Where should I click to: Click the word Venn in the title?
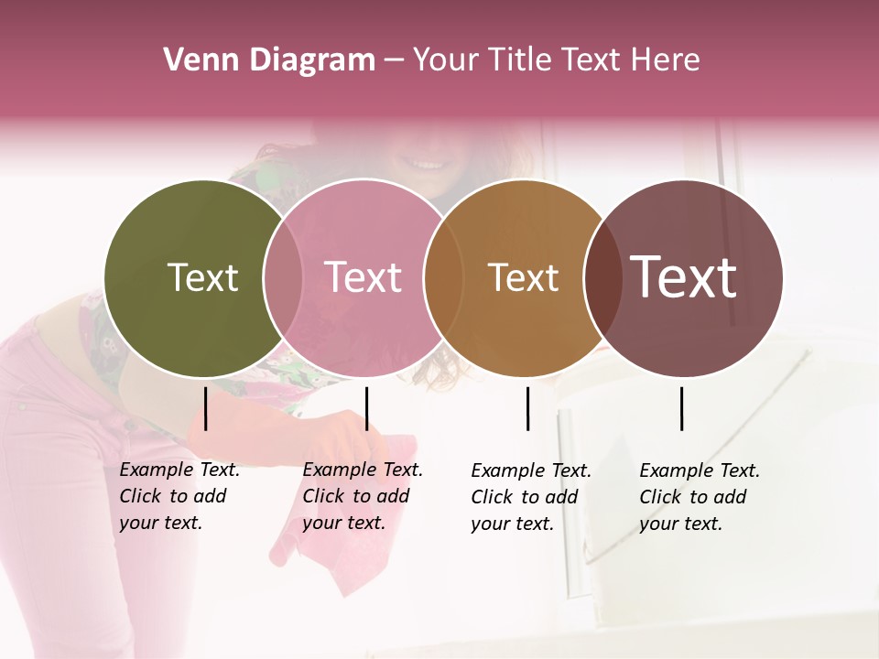coord(196,60)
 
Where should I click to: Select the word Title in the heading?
coord(526,60)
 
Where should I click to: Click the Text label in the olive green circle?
coord(202,277)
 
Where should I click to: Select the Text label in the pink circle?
coord(363,277)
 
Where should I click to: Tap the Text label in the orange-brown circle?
coord(523,277)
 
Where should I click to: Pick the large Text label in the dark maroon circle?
coord(683,277)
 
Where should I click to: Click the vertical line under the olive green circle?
coord(206,408)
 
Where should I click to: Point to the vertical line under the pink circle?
coord(366,408)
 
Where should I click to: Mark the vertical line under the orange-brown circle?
coord(527,408)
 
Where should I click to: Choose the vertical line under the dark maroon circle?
coord(682,408)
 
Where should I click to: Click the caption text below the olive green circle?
coord(179,496)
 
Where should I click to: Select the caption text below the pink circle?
coord(362,496)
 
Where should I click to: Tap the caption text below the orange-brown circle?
coord(530,497)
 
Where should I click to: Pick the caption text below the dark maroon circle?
coord(699,497)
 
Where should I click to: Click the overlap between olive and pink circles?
coord(283,277)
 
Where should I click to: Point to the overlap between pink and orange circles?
coord(441,277)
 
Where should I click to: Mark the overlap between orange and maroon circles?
coord(601,277)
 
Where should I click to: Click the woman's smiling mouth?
coord(426,165)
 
